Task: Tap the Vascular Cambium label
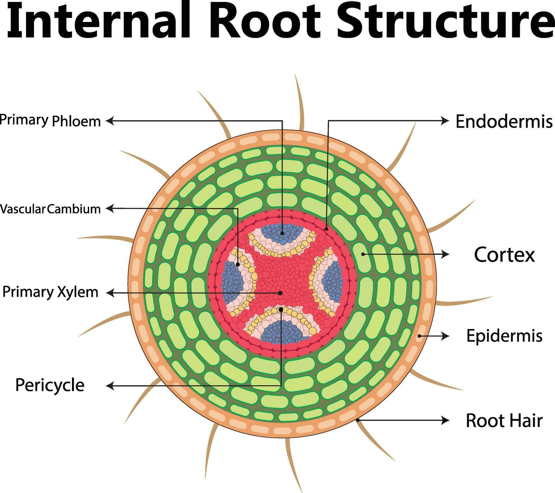coord(50,209)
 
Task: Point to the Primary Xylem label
coord(50,292)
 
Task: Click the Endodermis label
coord(504,122)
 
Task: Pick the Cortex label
coord(504,255)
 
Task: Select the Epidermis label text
coord(504,336)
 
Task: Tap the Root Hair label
coord(504,421)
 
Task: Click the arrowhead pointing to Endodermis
coord(445,121)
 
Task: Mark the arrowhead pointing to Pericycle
coord(110,386)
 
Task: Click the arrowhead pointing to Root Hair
coord(445,420)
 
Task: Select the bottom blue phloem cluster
coord(282,332)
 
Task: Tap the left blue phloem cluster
coord(233,281)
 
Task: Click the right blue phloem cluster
coord(332,281)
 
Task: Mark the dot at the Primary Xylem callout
coord(280,293)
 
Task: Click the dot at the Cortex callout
coord(363,254)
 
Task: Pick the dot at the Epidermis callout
coord(419,336)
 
